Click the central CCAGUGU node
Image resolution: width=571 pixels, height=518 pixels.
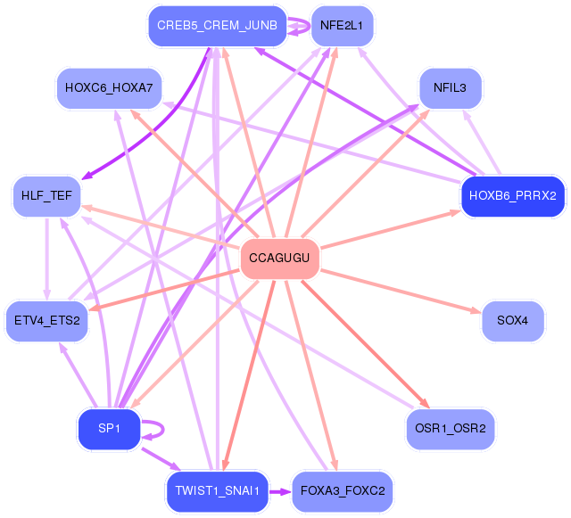(279, 259)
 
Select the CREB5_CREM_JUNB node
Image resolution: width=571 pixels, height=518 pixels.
(218, 26)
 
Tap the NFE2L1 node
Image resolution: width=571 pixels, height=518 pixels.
(342, 26)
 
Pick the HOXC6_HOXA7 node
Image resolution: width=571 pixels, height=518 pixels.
(109, 88)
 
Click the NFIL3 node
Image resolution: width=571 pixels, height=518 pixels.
(450, 88)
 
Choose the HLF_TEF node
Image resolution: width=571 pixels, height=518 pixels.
(46, 196)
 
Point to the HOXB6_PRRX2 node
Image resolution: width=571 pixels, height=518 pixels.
(513, 196)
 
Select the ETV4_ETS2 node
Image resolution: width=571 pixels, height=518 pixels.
(46, 321)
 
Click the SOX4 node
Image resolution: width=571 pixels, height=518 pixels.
(512, 321)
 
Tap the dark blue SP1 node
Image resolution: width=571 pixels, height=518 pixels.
(109, 429)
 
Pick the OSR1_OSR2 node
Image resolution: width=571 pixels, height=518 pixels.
(450, 429)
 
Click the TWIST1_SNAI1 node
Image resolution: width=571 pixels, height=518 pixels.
(218, 491)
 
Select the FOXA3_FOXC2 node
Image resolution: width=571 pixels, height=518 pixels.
(342, 491)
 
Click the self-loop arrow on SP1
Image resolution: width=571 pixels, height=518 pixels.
(163, 430)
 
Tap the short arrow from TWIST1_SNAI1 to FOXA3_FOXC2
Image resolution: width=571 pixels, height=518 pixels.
(280, 492)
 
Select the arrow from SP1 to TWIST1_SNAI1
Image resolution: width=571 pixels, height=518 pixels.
(161, 459)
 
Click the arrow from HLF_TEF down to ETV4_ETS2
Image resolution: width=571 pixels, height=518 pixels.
(46, 259)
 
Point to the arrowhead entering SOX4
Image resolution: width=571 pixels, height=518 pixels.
(476, 311)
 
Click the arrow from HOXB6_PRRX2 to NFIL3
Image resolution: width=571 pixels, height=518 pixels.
(482, 143)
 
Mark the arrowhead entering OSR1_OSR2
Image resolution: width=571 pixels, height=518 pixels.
(425, 403)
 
